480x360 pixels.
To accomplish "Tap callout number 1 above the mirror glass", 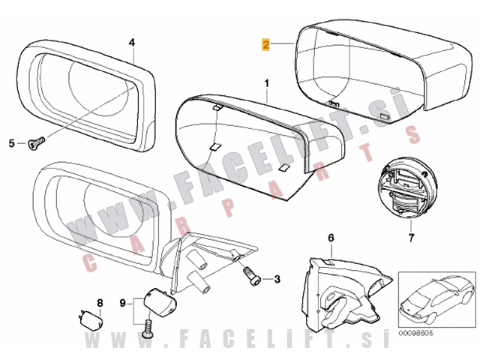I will (x=265, y=79).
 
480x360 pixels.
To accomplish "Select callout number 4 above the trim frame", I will (x=131, y=43).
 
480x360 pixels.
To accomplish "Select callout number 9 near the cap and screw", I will (x=123, y=303).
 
